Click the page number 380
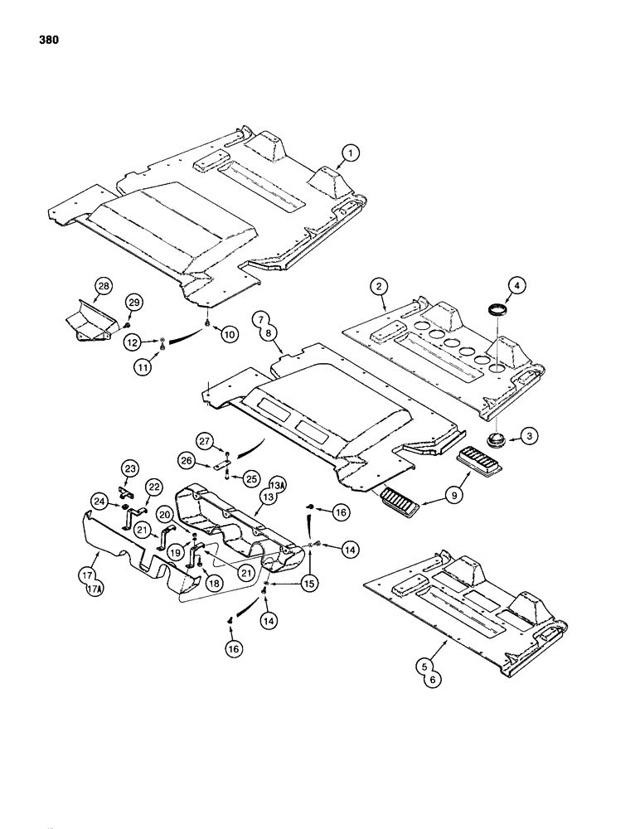click(46, 40)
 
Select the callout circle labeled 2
click(378, 286)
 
